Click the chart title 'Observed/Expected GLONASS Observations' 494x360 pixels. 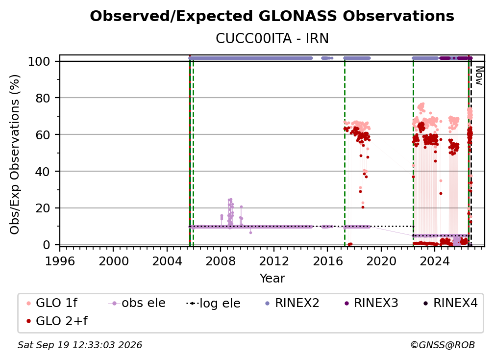click(x=272, y=16)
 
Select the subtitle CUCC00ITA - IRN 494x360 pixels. click(x=272, y=39)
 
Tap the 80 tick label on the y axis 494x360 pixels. click(x=43, y=98)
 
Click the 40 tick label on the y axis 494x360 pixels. click(x=43, y=172)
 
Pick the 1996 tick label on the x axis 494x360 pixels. click(x=60, y=261)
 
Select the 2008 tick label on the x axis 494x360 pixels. click(x=221, y=261)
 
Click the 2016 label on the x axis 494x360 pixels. click(x=327, y=261)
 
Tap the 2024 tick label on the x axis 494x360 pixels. click(x=434, y=261)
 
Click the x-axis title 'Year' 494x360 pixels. click(x=272, y=279)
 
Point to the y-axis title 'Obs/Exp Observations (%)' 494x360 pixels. click(x=15, y=154)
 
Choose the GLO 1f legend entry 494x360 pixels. click(x=52, y=303)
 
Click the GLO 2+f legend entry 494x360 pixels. click(x=57, y=321)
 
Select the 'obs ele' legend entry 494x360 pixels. click(x=137, y=303)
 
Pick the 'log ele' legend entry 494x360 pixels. click(x=213, y=303)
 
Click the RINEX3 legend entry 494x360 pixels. click(x=371, y=303)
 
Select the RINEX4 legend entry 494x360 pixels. click(x=450, y=303)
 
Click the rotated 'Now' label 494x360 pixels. click(x=479, y=76)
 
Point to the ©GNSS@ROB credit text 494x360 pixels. click(x=443, y=345)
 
